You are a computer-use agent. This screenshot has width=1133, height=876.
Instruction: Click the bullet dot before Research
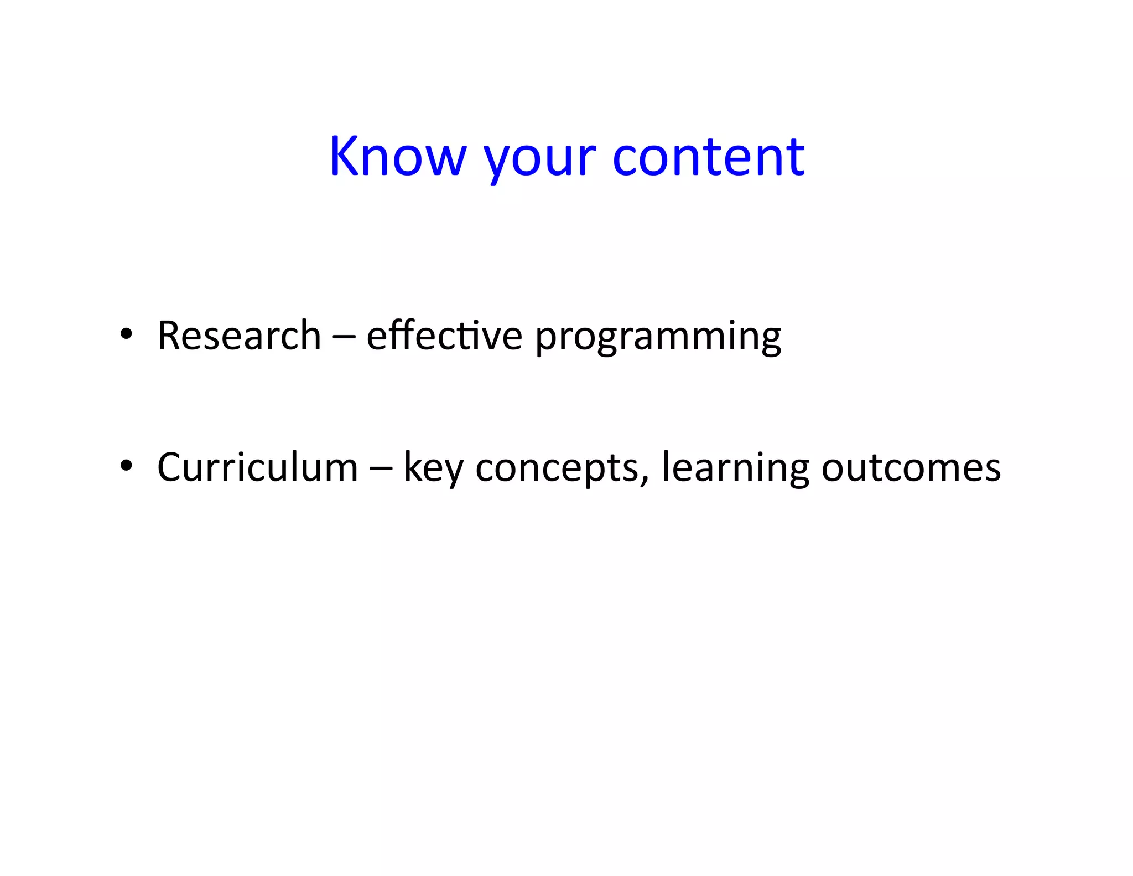127,334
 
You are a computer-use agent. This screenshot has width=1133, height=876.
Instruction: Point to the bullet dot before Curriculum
127,466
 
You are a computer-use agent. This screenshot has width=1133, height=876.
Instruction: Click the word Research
239,336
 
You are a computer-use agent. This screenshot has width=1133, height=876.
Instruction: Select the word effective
444,336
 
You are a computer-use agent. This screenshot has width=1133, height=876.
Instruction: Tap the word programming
658,338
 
